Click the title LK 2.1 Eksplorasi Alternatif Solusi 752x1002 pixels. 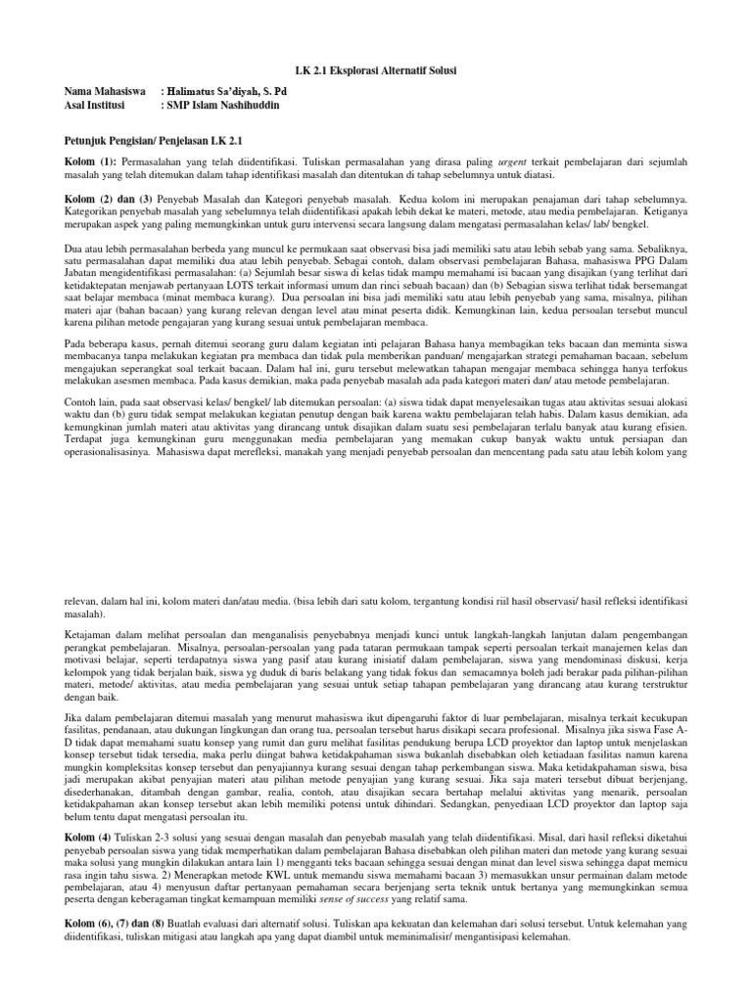tap(376, 72)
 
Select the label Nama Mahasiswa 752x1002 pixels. tap(99, 89)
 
